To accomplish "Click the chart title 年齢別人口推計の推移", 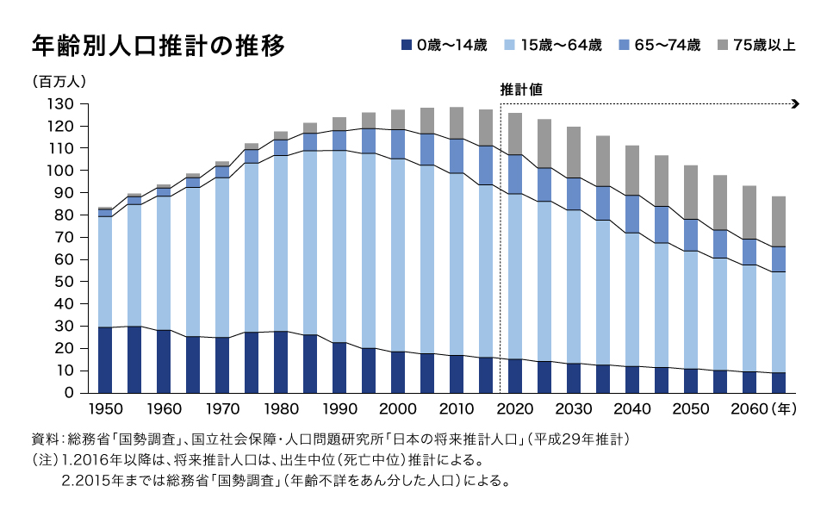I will coord(157,45).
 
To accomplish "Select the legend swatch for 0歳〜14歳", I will coord(407,45).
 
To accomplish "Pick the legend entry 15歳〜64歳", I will coord(558,45).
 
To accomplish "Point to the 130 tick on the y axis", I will coord(63,104).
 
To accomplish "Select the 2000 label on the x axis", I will coord(398,409).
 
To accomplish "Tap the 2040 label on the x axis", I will coord(632,409).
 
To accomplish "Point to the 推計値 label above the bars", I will coord(520,89).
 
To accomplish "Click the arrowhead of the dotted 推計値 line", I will coord(796,104).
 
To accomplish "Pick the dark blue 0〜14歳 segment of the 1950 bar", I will coord(105,360).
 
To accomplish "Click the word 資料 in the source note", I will coord(45,439).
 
